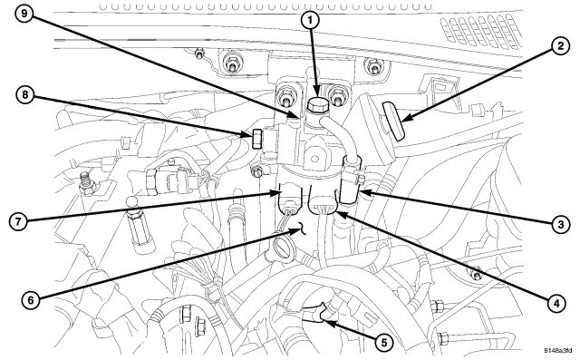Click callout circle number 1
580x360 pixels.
[x=310, y=21]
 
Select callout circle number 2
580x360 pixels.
[x=561, y=46]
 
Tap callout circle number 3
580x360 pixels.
[x=561, y=224]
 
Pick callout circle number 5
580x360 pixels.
[x=383, y=343]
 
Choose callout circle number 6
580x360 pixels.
[x=30, y=299]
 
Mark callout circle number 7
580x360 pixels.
[x=18, y=222]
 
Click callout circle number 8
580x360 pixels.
[x=25, y=94]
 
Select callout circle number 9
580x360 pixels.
[x=24, y=15]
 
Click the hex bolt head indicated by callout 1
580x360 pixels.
[x=316, y=105]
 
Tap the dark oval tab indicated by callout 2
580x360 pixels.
[x=392, y=122]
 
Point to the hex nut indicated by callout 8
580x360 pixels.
[x=256, y=138]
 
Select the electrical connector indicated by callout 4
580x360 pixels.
[x=324, y=206]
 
